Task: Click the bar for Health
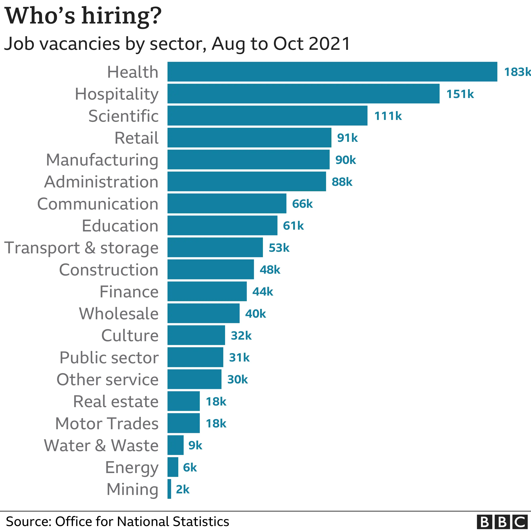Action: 332,72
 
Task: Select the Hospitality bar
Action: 303,94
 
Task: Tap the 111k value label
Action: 388,116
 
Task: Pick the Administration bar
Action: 247,181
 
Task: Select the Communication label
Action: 98,204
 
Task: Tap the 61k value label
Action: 293,226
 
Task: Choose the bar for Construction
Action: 211,269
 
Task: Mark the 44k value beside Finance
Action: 263,291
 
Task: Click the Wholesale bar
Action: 203,313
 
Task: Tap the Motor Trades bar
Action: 183,423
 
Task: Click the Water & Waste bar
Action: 175,445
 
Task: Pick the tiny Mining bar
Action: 169,489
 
